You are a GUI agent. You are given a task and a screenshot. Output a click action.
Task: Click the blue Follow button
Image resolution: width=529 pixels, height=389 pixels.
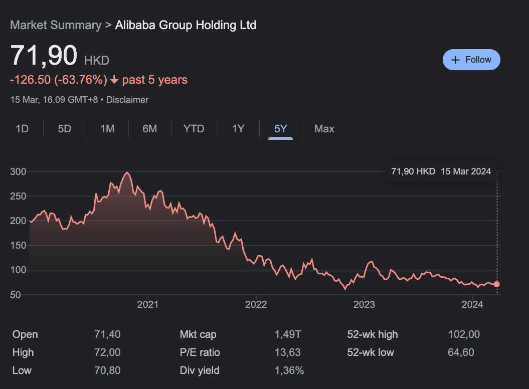point(471,60)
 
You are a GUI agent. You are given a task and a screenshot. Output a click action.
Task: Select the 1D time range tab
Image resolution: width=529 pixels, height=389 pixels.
point(22,129)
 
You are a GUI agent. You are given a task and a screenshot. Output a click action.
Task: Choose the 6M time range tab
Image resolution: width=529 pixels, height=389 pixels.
point(149,129)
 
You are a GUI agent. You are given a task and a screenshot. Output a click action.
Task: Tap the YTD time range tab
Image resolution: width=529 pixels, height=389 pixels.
point(194,129)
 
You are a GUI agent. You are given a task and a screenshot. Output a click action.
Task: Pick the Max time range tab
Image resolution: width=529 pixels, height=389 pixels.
point(324,129)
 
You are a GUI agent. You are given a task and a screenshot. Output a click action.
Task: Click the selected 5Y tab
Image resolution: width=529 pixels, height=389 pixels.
point(280,129)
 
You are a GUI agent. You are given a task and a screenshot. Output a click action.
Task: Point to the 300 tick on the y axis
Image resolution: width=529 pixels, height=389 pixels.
point(18,171)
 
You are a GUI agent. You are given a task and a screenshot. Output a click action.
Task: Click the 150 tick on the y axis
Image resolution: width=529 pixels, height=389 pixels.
point(18,246)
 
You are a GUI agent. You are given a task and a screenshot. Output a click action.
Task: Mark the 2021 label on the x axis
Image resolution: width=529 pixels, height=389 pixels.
point(147,304)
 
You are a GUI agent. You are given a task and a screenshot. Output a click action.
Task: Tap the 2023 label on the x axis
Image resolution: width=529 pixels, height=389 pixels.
point(364,304)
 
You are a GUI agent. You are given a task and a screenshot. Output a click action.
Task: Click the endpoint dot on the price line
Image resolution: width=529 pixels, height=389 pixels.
point(496,284)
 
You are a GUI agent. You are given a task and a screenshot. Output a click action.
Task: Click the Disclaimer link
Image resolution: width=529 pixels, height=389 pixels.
point(127,100)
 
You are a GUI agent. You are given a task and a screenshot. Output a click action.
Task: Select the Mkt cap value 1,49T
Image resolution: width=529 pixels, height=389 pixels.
point(288,334)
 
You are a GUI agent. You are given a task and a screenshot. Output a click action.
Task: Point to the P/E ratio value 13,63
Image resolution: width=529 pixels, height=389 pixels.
point(288,352)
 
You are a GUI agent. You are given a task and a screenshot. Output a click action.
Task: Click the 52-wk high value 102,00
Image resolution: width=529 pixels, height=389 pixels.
point(464,334)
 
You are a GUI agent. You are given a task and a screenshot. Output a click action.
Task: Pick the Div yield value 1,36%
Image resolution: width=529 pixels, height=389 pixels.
point(289,370)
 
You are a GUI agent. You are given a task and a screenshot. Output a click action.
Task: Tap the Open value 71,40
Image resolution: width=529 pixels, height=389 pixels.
point(107,334)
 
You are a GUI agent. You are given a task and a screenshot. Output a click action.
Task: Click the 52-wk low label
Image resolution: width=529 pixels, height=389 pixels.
point(371,352)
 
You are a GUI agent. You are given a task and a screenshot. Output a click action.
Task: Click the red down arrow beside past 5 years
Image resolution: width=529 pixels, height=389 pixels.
point(114,80)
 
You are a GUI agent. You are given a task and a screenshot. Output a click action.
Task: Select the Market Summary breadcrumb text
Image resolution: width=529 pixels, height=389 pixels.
point(56,25)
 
